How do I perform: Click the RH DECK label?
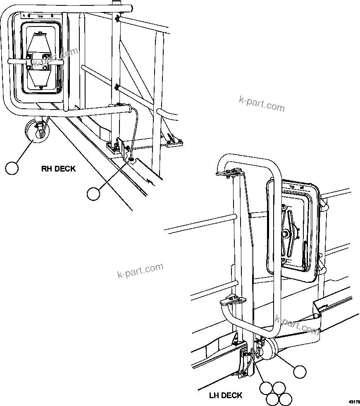click(58, 169)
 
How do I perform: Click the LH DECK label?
click(225, 396)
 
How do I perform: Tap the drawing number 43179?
click(354, 401)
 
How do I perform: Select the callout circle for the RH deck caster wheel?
click(12, 168)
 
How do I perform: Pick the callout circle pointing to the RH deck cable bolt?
click(94, 193)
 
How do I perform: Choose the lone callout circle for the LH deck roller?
click(300, 372)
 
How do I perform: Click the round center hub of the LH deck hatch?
click(286, 234)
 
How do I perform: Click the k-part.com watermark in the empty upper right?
click(262, 104)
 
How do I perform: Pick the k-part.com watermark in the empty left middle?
click(140, 271)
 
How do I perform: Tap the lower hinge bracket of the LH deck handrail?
click(230, 300)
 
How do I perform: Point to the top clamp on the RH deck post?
click(118, 19)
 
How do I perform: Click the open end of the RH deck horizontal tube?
click(131, 110)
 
